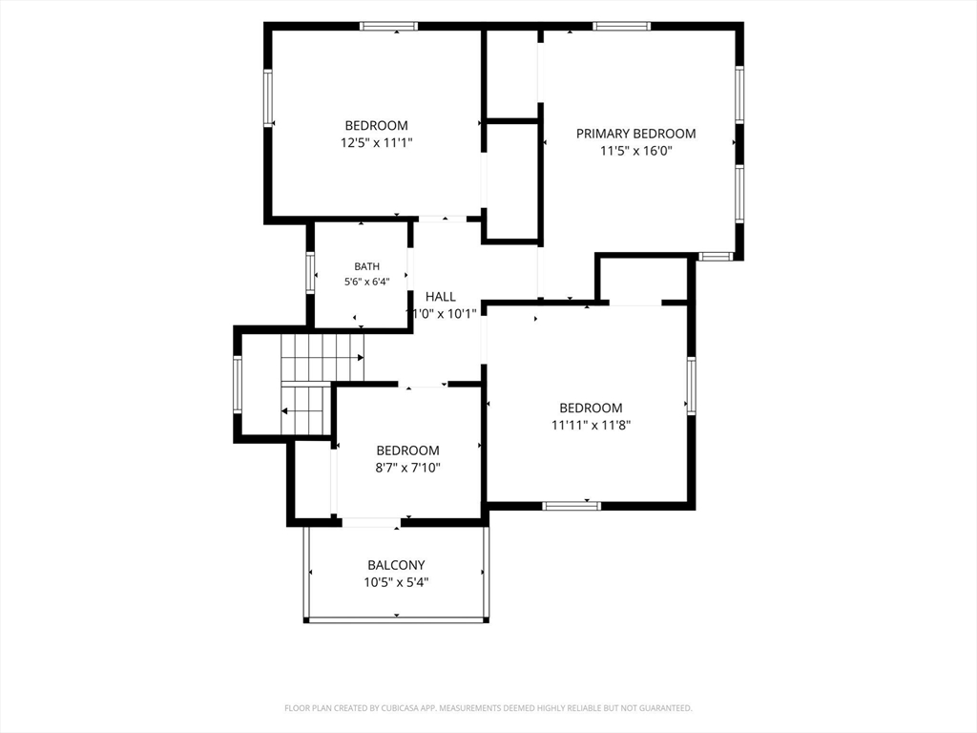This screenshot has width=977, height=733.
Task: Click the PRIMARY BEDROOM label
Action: point(635,134)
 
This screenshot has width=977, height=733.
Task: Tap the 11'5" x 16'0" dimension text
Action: point(635,151)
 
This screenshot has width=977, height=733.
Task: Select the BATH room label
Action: point(367,267)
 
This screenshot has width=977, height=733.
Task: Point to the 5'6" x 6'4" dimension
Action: point(367,282)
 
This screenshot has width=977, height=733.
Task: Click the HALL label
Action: point(441,297)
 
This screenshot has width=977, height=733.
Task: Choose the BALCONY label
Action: point(396,565)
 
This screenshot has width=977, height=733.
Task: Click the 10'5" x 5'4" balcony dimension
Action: point(396,583)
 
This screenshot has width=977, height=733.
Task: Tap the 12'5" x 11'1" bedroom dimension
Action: point(376,143)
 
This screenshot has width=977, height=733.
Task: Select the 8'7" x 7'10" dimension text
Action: point(407,468)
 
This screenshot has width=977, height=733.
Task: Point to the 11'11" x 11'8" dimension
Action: point(591,426)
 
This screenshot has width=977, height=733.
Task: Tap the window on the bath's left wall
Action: point(310,272)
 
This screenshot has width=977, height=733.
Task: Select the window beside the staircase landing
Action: point(238,384)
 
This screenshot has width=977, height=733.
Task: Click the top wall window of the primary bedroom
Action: point(621,26)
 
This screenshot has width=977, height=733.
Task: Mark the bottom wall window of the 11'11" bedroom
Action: point(572,506)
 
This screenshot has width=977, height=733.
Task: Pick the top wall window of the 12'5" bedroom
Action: point(389,26)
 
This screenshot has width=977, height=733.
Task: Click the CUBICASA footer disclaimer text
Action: point(488,708)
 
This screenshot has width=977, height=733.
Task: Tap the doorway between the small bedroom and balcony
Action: point(371,522)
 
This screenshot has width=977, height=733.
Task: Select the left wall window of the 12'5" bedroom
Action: point(268,98)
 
